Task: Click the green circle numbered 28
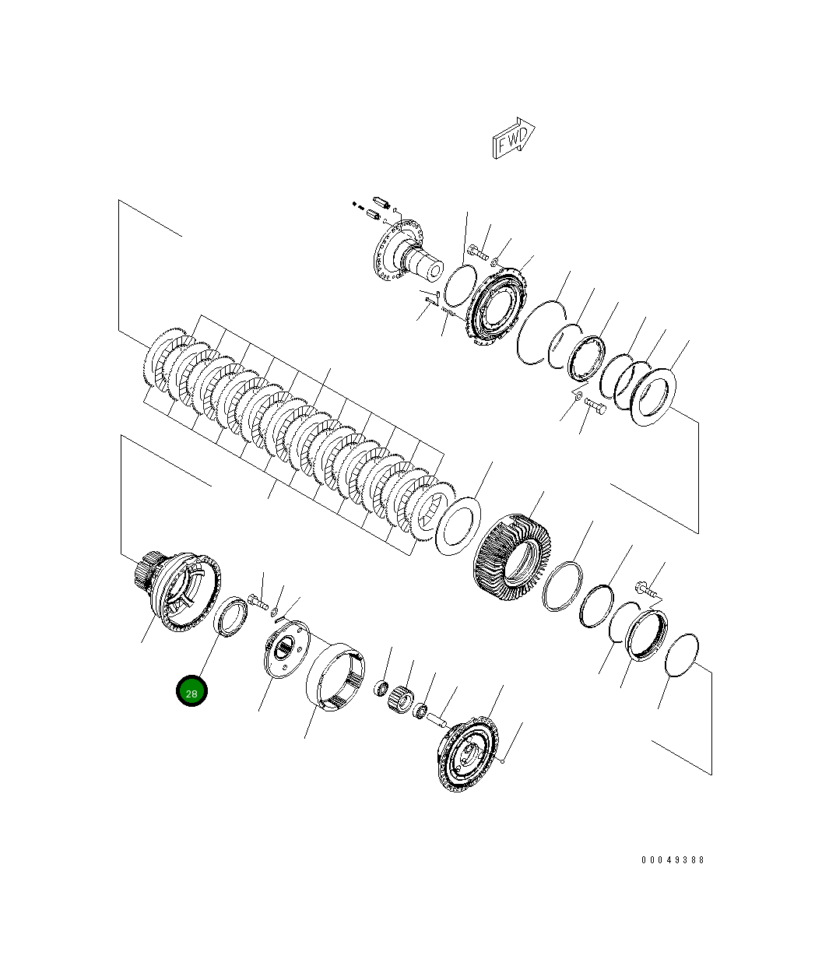tap(191, 692)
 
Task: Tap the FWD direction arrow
tap(513, 139)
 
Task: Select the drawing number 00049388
tap(673, 860)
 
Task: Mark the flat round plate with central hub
tap(285, 648)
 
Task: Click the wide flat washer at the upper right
tap(656, 395)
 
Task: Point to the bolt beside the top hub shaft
tap(479, 253)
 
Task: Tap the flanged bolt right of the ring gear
tap(646, 591)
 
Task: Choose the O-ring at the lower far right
tap(683, 655)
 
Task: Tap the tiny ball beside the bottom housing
tap(504, 763)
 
